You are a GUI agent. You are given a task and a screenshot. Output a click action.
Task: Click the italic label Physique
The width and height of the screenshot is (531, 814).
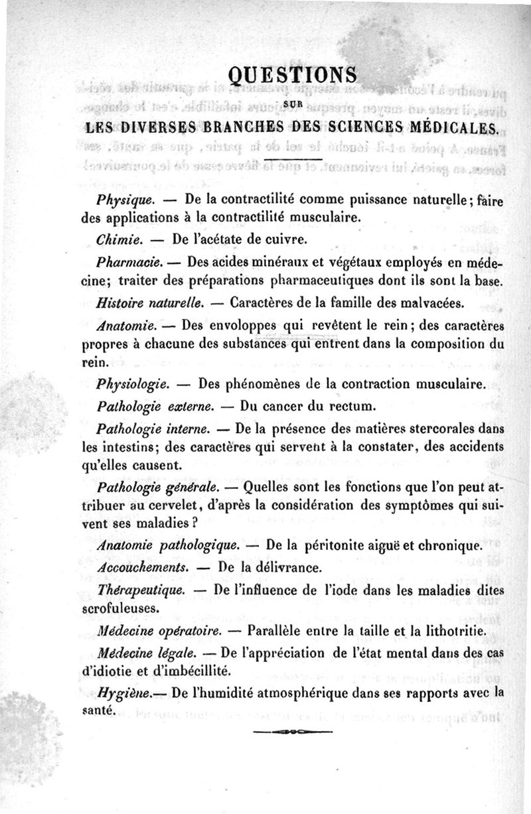(x=125, y=199)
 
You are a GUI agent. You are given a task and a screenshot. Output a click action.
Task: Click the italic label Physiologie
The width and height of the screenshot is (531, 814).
(x=134, y=383)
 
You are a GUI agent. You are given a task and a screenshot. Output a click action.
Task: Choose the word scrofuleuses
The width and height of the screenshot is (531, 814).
(x=121, y=607)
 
